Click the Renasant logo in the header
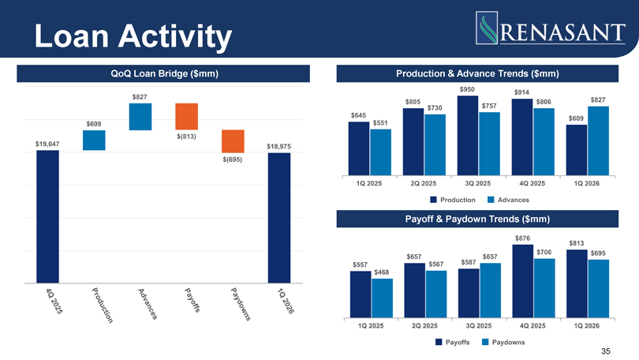[x=550, y=28]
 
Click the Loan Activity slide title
[x=133, y=36]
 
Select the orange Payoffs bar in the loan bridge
[x=187, y=117]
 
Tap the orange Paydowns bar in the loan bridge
[x=233, y=141]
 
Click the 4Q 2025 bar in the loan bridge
[x=47, y=216]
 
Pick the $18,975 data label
[x=278, y=146]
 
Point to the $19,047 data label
[x=47, y=144]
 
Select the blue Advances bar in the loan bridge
[x=140, y=117]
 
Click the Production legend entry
[x=453, y=200]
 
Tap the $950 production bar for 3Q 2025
[x=468, y=136]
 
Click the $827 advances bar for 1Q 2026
[x=598, y=141]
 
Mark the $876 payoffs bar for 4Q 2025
[x=523, y=281]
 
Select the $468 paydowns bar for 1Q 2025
[x=383, y=298]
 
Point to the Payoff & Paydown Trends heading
[x=477, y=219]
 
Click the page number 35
[x=606, y=351]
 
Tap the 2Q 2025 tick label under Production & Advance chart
[x=424, y=183]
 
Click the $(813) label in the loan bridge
[x=186, y=137]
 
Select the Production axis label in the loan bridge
[x=102, y=306]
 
